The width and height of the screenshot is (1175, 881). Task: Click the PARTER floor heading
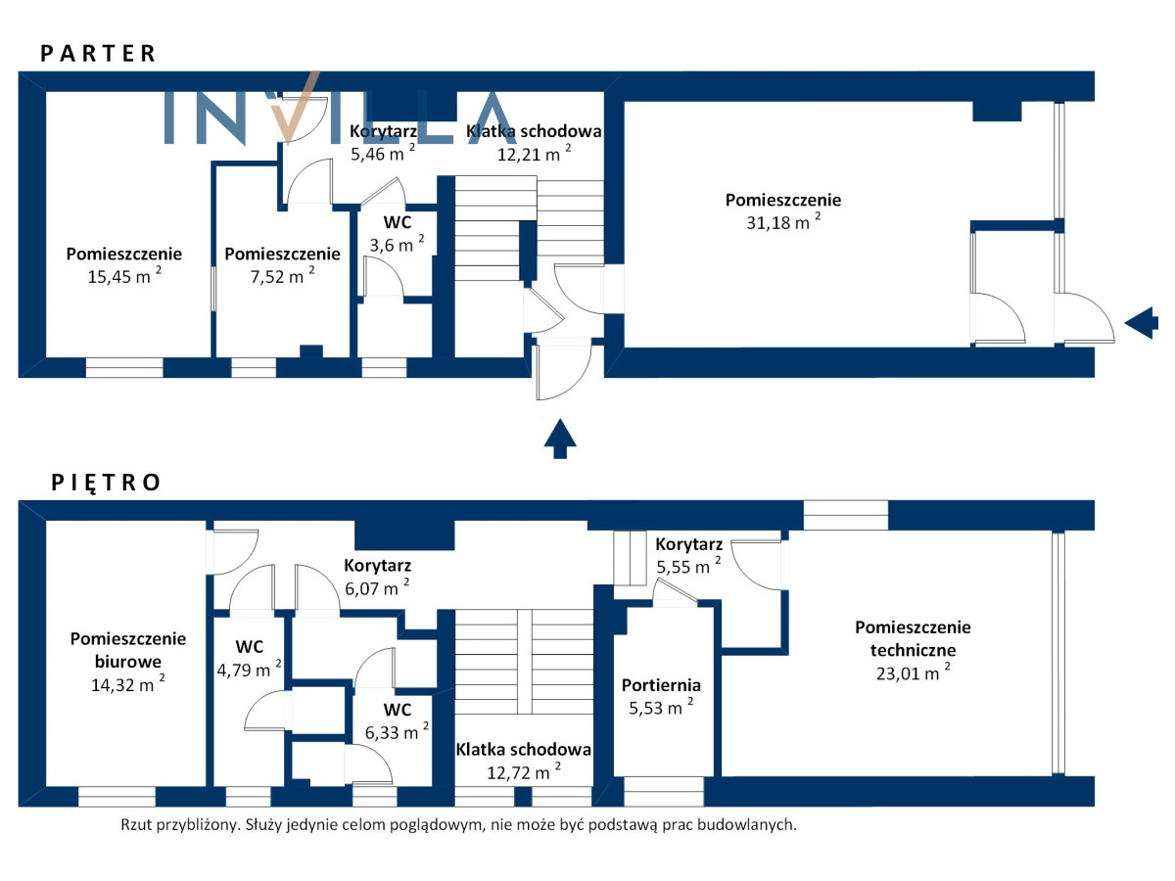coord(98,54)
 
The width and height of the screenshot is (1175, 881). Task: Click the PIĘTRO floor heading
coord(106,483)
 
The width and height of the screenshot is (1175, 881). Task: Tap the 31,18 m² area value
coord(783,220)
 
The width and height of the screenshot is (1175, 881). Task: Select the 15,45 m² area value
coord(124,275)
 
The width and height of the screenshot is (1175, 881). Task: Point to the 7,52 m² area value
coord(282,275)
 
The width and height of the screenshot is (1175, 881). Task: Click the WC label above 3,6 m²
coord(398,222)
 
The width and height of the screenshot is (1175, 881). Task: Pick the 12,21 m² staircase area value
coord(534,153)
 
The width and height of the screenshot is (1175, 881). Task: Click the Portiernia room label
coord(661,685)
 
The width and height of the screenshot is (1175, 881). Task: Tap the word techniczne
coord(913,650)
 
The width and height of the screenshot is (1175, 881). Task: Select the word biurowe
coord(128,662)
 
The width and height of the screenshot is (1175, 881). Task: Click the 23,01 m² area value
coord(914,672)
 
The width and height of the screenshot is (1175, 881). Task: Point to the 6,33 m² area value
coord(397,731)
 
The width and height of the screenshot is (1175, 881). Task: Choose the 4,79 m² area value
coord(249,669)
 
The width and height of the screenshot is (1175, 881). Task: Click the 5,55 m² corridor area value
coord(688,566)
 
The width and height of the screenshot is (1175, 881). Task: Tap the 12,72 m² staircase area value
coord(524,772)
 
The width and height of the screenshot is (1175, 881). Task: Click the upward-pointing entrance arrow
coord(560,439)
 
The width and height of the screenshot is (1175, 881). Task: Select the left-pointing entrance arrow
coord(1142,323)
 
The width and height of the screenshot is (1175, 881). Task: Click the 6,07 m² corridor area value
coord(377,587)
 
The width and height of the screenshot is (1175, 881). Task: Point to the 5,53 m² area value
coord(661,707)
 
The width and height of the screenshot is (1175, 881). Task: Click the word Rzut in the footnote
coord(136,825)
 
